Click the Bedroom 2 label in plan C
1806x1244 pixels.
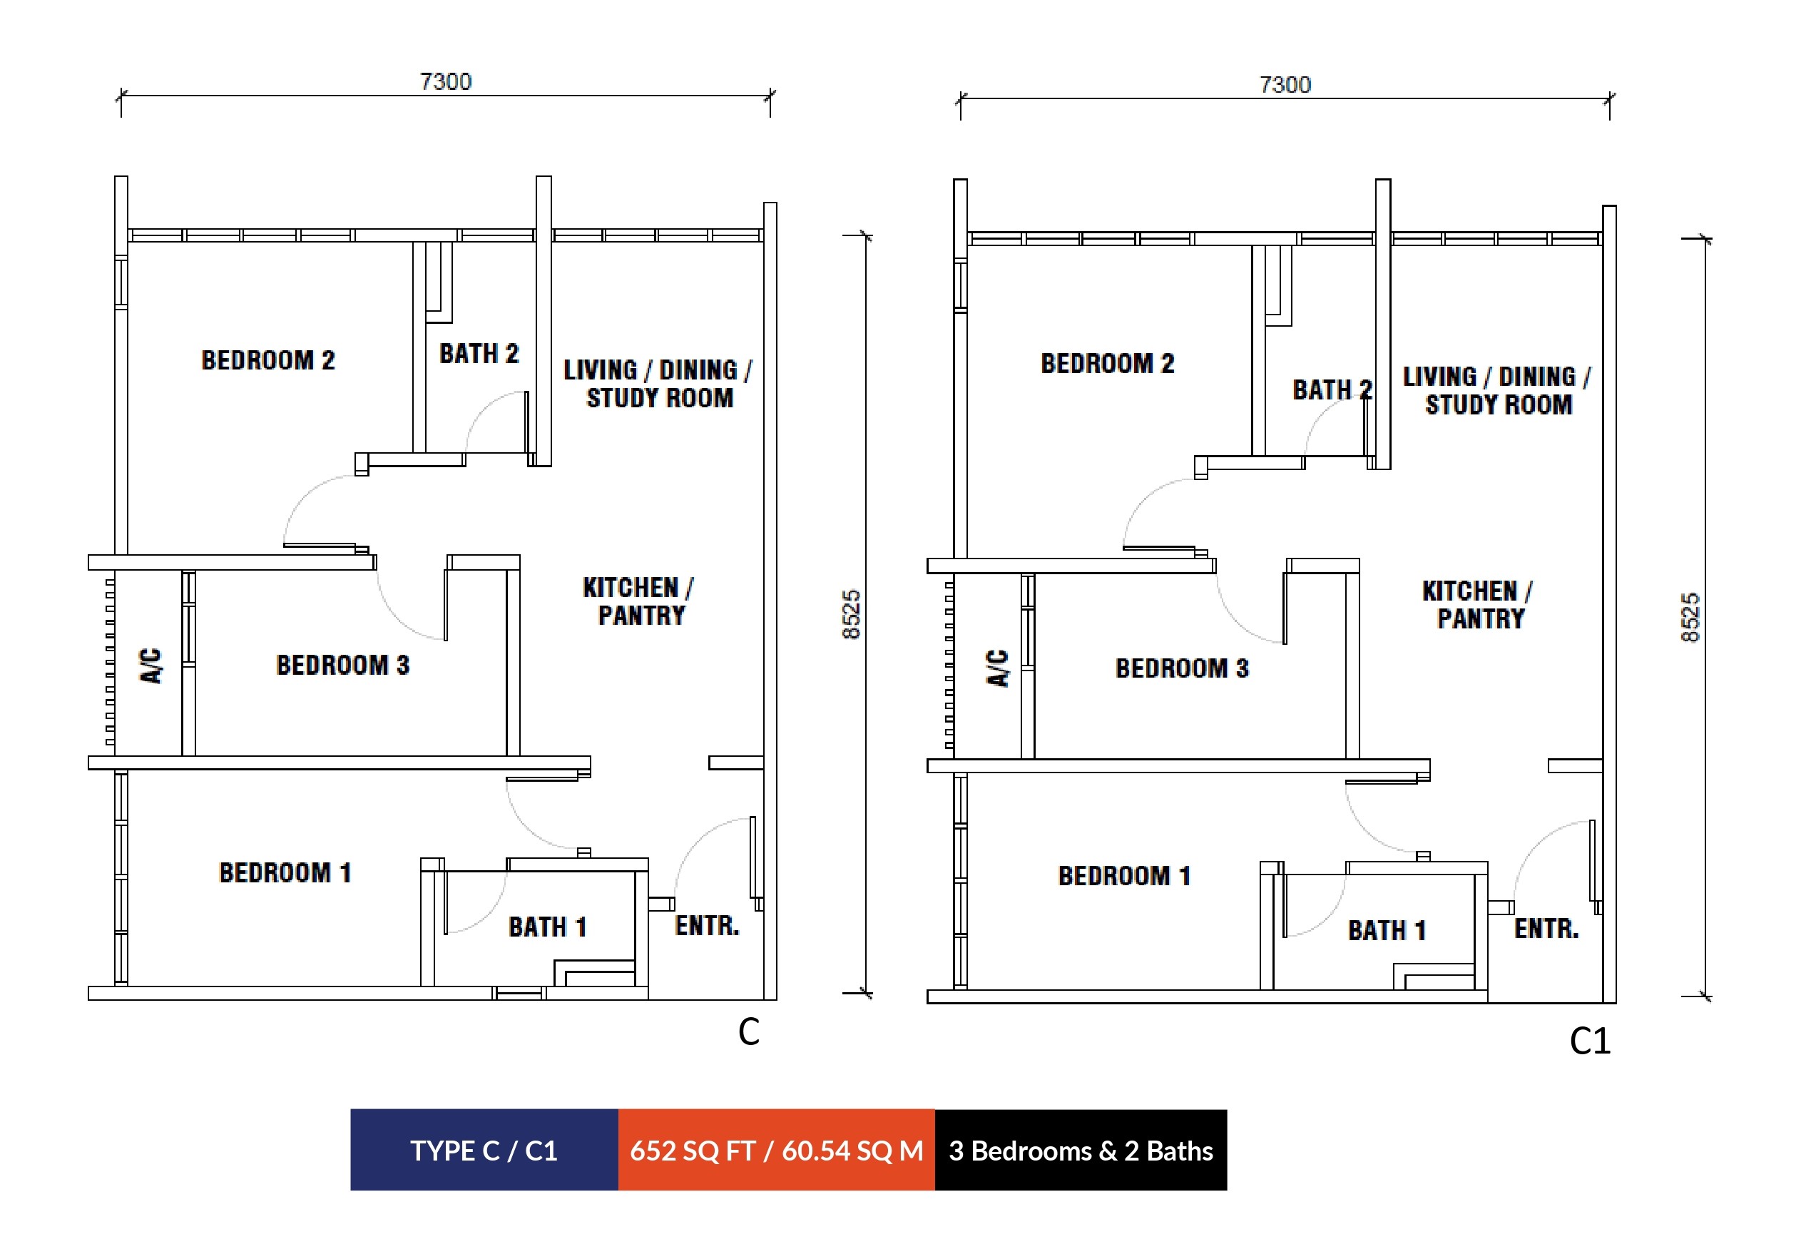(268, 360)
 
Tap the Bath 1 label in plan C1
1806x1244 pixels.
(1387, 930)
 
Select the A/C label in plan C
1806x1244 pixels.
(151, 666)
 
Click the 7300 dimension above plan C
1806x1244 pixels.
(446, 81)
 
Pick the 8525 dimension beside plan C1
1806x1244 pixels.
(1690, 617)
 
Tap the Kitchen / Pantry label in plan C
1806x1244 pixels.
(638, 601)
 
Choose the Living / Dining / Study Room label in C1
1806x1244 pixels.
(1497, 390)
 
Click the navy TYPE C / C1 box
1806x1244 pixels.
(484, 1150)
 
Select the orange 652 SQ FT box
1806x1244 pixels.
(776, 1150)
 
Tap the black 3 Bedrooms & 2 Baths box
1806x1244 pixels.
(1081, 1150)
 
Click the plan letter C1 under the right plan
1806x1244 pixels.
(1590, 1041)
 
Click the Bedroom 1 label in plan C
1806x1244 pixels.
(285, 872)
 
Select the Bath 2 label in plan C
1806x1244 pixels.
(479, 353)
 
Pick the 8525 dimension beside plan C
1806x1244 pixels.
(851, 614)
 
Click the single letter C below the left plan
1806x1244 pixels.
(749, 1032)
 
